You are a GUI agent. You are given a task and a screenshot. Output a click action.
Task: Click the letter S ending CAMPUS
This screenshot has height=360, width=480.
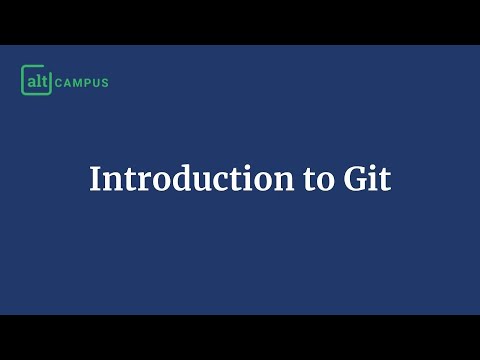105,81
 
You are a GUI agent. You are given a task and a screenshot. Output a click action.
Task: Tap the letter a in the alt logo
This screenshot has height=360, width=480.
32,79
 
